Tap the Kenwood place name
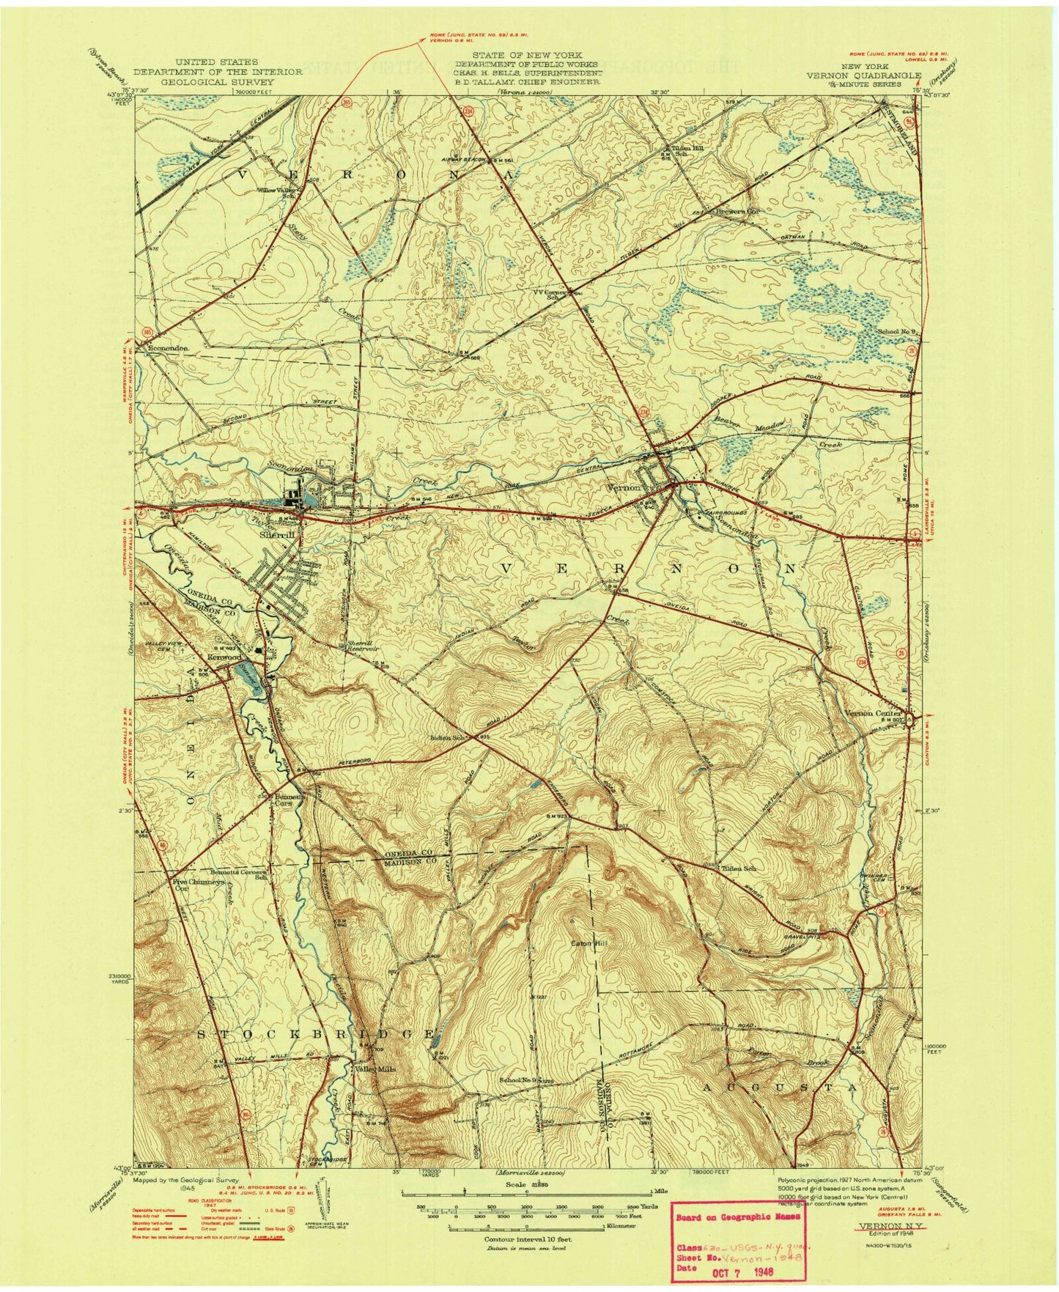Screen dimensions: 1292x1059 coord(224,658)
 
